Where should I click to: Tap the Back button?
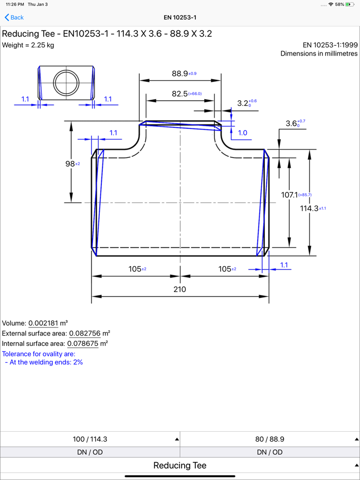click(14, 17)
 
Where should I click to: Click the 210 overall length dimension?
click(179, 289)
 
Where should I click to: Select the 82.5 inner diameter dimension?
click(179, 94)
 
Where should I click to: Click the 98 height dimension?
click(70, 163)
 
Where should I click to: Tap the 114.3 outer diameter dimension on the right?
click(309, 209)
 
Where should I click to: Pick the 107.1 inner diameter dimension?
click(290, 195)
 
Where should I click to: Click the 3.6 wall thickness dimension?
click(291, 124)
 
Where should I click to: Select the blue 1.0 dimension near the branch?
click(242, 133)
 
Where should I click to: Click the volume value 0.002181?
click(44, 323)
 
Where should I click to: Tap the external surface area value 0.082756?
click(84, 334)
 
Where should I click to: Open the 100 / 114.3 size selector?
click(90, 439)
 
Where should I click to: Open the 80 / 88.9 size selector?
click(270, 439)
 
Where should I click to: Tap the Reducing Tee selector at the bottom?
click(180, 465)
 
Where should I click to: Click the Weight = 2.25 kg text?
click(28, 45)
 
